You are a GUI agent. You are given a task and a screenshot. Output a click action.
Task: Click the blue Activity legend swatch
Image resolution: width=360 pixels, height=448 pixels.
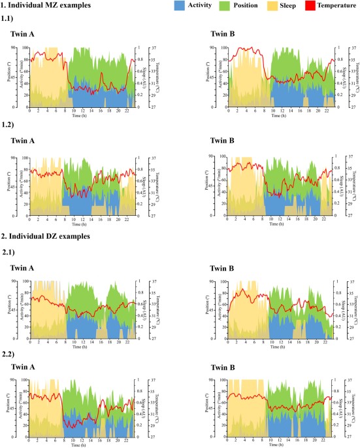coord(177,6)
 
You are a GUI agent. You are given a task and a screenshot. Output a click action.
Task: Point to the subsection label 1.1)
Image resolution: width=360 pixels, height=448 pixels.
coord(10,18)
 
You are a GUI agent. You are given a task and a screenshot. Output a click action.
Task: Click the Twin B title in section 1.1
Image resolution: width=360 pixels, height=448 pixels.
coord(225,33)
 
